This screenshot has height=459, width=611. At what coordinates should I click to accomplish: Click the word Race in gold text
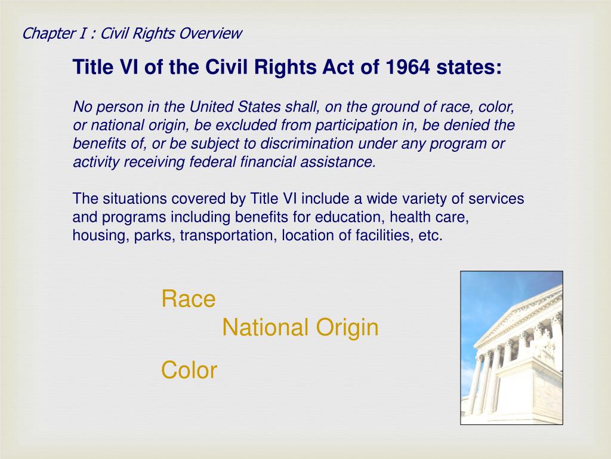click(x=189, y=299)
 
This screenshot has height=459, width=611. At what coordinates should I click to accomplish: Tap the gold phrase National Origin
click(x=300, y=328)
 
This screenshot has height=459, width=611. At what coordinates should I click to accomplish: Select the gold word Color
click(x=189, y=371)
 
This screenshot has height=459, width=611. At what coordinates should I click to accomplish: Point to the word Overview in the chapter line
click(x=212, y=33)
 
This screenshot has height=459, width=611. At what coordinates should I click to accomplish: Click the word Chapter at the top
click(x=45, y=33)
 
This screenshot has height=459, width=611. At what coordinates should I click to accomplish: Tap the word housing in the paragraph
click(x=92, y=235)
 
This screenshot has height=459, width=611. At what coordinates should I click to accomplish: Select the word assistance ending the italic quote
click(x=345, y=162)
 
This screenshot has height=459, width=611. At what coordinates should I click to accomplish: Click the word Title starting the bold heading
click(x=89, y=68)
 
